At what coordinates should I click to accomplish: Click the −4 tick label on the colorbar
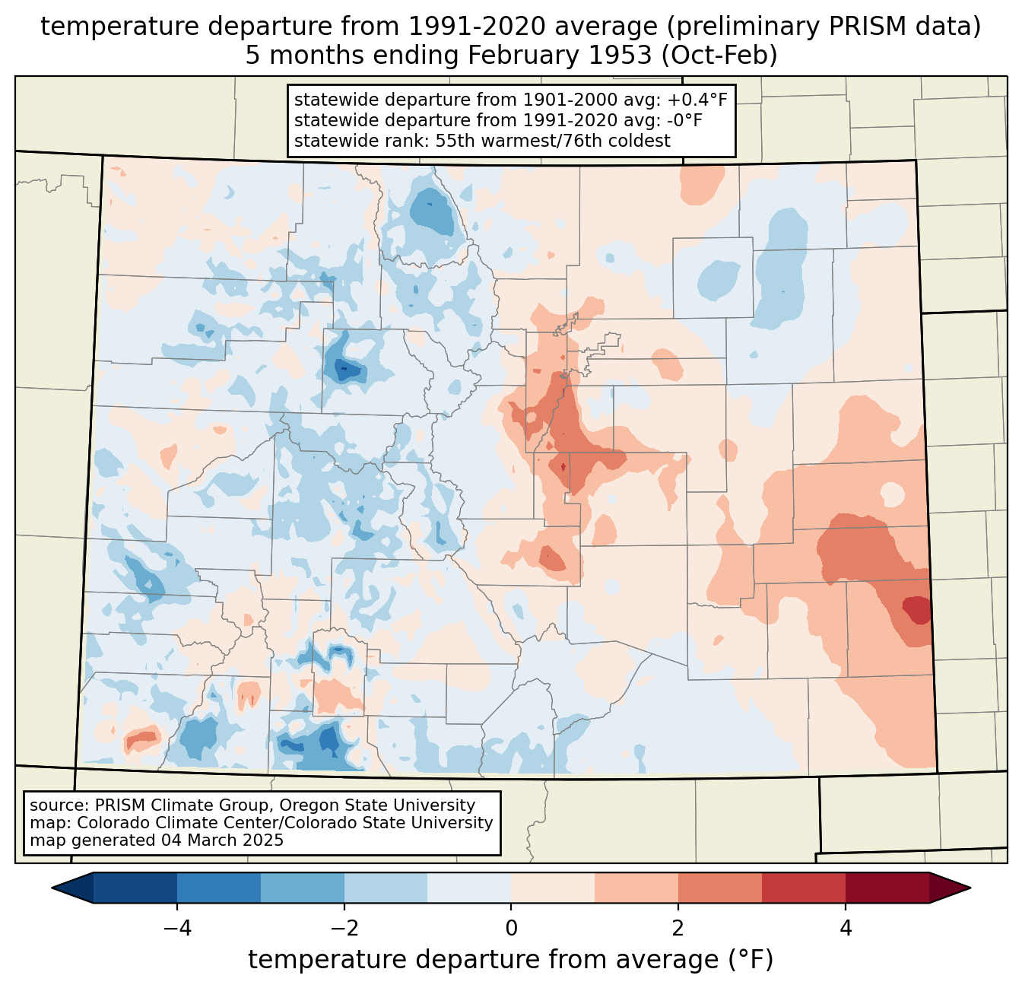point(177,929)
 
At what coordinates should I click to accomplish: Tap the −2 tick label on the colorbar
point(344,929)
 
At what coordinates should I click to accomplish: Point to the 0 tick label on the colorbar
point(511,929)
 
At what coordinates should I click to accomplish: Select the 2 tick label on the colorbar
point(678,929)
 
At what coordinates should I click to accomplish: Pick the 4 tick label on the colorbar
point(845,929)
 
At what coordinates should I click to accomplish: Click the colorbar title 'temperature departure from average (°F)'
point(510,959)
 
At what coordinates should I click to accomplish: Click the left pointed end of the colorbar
point(52,888)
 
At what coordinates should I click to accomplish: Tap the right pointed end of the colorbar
point(970,888)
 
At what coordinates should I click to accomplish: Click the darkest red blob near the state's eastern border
point(917,610)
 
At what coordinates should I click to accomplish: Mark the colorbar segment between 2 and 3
point(719,888)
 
